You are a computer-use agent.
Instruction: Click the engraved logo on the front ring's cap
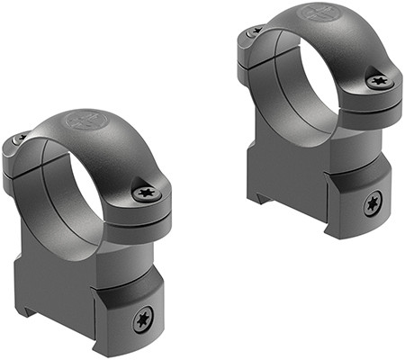[x=88, y=121]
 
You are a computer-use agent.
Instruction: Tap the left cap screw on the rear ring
[x=255, y=31]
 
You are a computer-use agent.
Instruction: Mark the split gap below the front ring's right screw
[x=148, y=215]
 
